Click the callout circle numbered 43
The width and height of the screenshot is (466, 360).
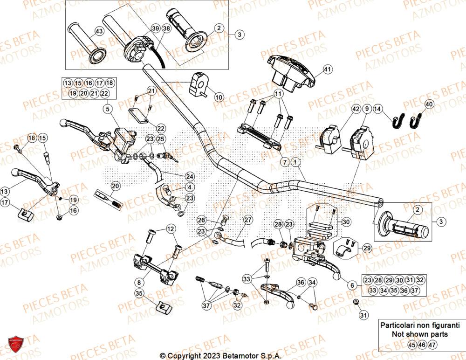tap(98, 31)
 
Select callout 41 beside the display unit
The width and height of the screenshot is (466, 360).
tap(328, 70)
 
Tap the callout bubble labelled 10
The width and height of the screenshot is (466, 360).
tap(219, 97)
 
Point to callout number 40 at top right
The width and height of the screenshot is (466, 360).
tap(429, 104)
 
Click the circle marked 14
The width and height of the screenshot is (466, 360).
tap(377, 110)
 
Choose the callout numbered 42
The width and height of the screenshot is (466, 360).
tap(356, 110)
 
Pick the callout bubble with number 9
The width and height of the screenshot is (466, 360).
tap(367, 110)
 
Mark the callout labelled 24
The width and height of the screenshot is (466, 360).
tap(190, 177)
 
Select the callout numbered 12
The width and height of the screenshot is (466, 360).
tap(171, 229)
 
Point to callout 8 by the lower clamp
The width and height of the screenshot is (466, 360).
tap(139, 282)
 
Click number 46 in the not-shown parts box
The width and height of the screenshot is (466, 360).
tap(421, 345)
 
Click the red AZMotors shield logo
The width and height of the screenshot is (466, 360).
tap(16, 346)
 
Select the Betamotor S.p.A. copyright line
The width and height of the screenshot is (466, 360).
tap(220, 355)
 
